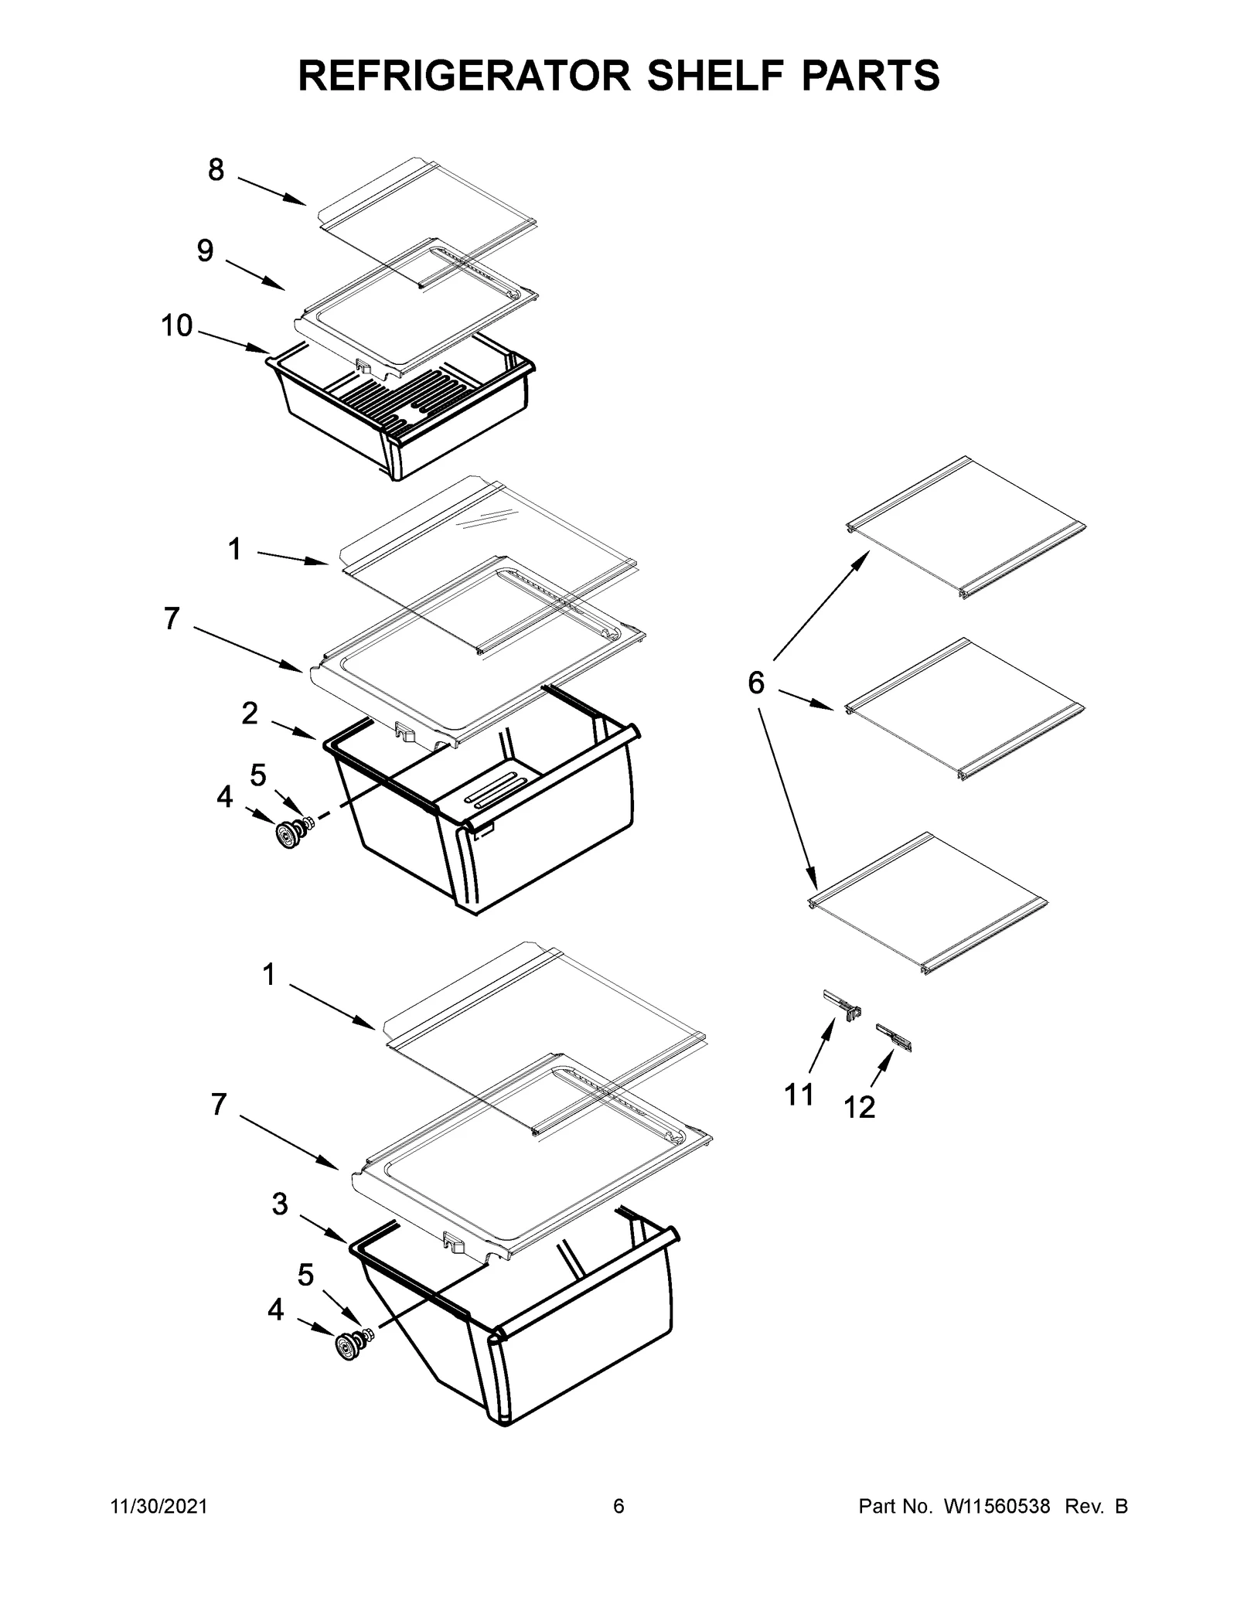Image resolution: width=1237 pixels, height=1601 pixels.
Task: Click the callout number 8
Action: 216,170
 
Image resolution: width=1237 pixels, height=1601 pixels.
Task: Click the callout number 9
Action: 205,250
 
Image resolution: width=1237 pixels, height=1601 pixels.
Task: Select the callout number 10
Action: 176,326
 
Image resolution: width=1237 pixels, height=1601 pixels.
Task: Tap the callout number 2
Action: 249,714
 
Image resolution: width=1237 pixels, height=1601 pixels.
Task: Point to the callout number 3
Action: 280,1204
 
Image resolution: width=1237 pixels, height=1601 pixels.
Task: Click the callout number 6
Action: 755,683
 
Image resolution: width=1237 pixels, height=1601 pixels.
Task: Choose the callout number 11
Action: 799,1095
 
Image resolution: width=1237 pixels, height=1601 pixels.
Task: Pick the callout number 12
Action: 859,1107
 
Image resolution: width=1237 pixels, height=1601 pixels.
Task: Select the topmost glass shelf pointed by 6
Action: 966,526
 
